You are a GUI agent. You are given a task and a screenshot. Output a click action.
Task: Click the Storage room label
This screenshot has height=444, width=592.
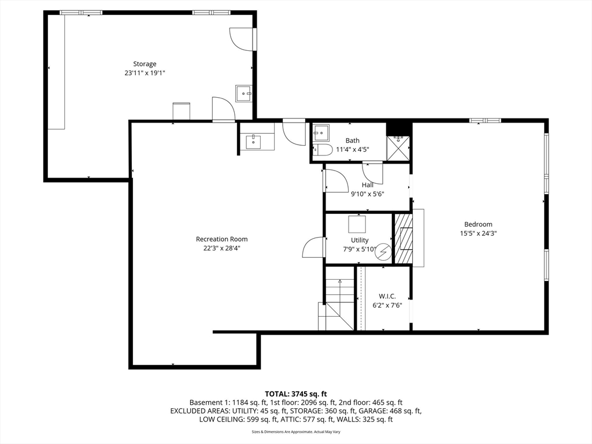(x=145, y=64)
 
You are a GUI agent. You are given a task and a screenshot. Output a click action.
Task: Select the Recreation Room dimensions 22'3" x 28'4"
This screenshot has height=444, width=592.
(x=221, y=248)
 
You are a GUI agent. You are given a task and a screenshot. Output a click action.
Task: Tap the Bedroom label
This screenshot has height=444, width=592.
(x=478, y=224)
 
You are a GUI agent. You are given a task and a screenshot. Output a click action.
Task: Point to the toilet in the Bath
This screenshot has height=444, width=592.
(x=322, y=150)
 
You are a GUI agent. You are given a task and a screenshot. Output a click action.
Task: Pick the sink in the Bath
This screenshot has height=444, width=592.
(x=320, y=133)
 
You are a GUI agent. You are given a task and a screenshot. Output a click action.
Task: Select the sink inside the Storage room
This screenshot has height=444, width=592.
(x=244, y=93)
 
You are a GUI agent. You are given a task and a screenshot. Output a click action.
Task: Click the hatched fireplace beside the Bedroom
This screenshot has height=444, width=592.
(x=404, y=239)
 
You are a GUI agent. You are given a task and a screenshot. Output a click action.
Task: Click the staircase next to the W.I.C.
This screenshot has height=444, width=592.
(x=336, y=304)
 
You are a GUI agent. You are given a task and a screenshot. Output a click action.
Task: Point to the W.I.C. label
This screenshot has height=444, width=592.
(x=387, y=297)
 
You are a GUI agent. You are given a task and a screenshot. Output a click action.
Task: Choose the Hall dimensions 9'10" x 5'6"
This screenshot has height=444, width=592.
(x=367, y=194)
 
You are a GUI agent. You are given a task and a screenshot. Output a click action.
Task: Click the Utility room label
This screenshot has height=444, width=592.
(x=360, y=240)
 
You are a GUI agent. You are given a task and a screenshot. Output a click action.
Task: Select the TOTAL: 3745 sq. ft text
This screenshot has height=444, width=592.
(x=295, y=394)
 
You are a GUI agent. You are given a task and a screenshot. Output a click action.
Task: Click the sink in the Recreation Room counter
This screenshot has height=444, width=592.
(x=253, y=142)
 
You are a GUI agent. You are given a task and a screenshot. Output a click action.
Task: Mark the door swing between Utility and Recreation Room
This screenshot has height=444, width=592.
(x=313, y=247)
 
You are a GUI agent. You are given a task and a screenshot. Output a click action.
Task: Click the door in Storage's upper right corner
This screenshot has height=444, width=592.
(x=242, y=39)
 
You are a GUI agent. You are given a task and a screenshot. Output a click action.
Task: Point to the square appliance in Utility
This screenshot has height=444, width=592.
(x=357, y=224)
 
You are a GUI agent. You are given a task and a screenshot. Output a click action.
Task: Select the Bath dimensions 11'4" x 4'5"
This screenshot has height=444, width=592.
(x=352, y=150)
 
